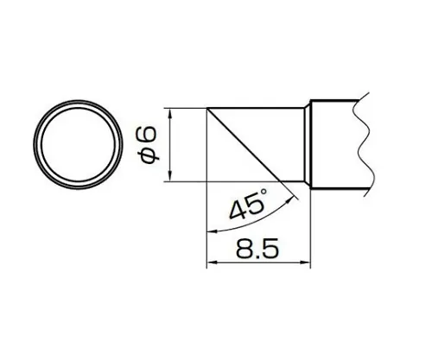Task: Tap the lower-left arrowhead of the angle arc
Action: tap(210, 231)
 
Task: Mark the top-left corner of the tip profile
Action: tap(206, 108)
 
